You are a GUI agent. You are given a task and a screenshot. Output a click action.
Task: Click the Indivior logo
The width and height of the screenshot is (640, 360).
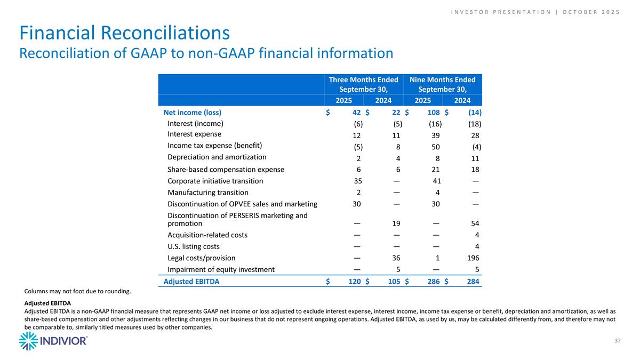click(53, 341)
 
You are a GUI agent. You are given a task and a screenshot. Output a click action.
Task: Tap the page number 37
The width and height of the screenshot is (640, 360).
click(617, 341)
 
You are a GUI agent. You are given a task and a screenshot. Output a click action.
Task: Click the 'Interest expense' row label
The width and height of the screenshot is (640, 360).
click(194, 134)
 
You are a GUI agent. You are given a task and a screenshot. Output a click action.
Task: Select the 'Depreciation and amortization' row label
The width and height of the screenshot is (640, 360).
click(217, 157)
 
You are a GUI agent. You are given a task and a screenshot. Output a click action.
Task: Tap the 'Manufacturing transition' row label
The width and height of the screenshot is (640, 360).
click(208, 193)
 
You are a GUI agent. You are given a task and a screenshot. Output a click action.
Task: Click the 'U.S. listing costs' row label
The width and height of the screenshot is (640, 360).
click(194, 246)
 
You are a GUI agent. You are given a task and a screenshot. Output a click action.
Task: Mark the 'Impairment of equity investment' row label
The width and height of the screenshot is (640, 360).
click(221, 269)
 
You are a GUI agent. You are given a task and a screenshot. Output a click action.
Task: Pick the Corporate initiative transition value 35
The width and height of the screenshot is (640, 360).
click(357, 181)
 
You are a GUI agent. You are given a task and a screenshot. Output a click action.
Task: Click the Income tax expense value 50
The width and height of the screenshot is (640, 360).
click(436, 146)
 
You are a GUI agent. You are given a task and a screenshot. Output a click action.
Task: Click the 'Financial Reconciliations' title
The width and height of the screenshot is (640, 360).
click(125, 33)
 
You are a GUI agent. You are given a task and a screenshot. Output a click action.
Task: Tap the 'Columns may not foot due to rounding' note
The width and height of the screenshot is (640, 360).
click(78, 292)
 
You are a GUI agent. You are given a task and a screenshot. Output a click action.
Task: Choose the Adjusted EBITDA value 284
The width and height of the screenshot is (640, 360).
click(473, 282)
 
